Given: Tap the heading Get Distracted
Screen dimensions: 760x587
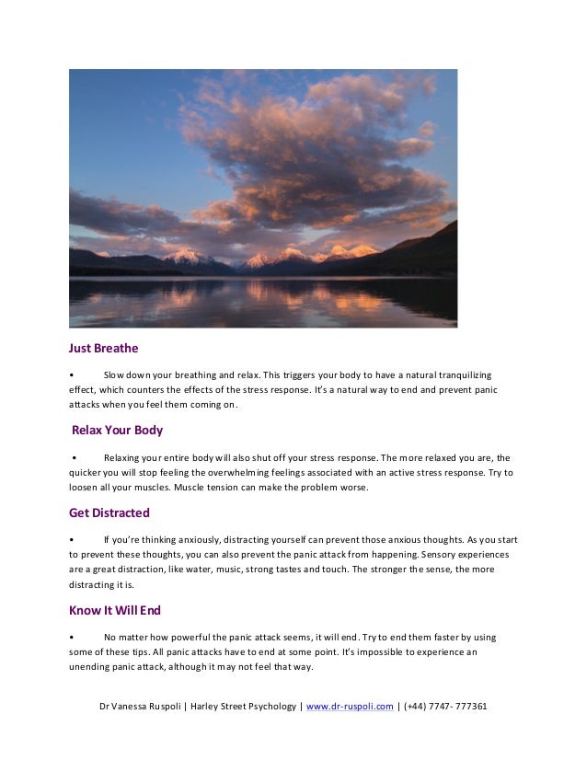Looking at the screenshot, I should tap(109, 512).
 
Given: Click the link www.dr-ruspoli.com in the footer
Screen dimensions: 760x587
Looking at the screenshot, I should tap(350, 707).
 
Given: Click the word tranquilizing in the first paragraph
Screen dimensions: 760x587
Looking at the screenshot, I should tap(455, 375).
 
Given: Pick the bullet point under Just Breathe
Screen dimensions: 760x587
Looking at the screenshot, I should tap(71, 376).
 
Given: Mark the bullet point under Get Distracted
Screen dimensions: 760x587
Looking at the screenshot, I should tap(71, 539).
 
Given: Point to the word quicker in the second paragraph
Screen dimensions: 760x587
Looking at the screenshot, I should tap(87, 472).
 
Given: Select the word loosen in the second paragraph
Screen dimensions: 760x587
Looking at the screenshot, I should tap(86, 488).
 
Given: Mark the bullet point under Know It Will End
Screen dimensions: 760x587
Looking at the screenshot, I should tap(71, 637).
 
